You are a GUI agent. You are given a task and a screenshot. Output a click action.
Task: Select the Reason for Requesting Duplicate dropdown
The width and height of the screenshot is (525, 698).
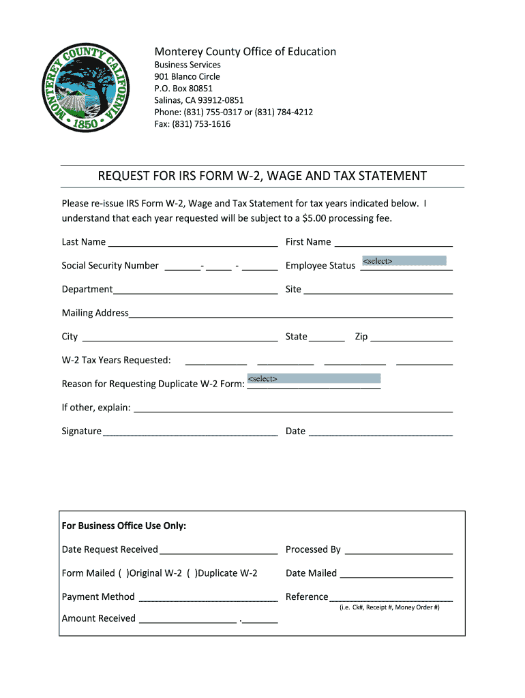click(x=314, y=378)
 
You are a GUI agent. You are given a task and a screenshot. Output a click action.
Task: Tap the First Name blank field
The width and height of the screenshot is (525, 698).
click(x=393, y=242)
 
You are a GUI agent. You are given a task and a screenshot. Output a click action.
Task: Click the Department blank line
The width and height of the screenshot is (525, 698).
click(x=195, y=290)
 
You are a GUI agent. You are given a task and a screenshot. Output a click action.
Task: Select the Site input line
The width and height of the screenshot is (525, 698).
click(x=378, y=290)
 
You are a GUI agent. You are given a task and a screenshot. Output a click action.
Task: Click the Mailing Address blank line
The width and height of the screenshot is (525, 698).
click(x=290, y=314)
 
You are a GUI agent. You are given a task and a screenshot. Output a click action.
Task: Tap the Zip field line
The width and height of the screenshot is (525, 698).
click(x=412, y=337)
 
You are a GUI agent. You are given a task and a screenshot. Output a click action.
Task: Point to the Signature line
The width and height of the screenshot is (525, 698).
click(x=190, y=431)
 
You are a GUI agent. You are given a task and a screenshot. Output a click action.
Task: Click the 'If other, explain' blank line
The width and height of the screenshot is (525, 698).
click(x=293, y=408)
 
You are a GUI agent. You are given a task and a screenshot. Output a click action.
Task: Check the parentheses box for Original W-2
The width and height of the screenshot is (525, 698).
click(x=123, y=573)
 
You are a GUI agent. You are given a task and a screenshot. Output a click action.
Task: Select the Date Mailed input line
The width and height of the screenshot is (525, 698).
click(x=396, y=574)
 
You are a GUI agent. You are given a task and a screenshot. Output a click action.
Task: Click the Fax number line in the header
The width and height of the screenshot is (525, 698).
click(x=192, y=124)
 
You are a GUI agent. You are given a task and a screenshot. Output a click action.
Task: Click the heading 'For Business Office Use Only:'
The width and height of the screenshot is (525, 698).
click(x=124, y=526)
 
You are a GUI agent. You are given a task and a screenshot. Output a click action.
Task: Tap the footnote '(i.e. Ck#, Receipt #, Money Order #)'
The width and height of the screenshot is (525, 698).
click(x=389, y=607)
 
